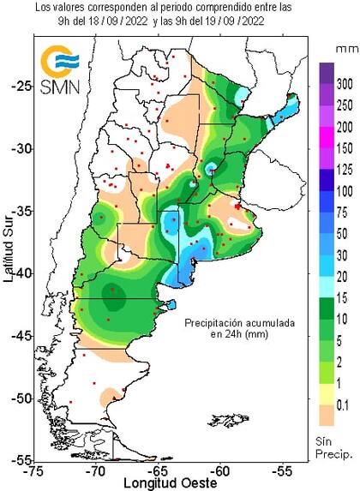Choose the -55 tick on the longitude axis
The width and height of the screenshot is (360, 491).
(282, 470)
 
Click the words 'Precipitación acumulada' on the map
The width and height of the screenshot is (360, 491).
(242, 323)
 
